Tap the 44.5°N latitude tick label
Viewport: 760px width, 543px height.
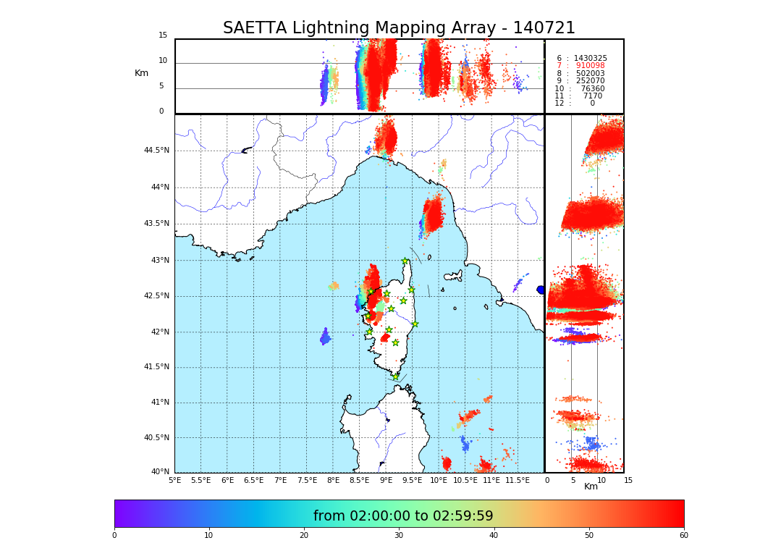(156, 151)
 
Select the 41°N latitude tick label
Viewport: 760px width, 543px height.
(159, 403)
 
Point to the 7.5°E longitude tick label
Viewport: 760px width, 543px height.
(307, 480)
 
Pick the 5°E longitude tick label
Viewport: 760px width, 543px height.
(174, 480)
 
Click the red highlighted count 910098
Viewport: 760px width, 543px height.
(590, 66)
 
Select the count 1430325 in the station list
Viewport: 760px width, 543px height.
(590, 58)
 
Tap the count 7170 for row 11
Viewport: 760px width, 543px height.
(592, 96)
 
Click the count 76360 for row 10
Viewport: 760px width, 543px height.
(592, 89)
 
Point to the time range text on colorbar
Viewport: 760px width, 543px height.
(403, 516)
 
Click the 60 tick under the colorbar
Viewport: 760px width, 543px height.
(683, 536)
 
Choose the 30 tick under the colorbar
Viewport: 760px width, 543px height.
(399, 536)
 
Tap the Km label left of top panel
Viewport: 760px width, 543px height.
(142, 73)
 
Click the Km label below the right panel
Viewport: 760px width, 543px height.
(591, 487)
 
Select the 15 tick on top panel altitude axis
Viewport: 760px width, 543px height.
(163, 35)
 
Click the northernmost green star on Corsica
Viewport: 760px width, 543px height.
(405, 261)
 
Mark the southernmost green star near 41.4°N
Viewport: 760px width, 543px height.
(395, 376)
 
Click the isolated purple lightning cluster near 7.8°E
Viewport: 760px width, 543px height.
(325, 337)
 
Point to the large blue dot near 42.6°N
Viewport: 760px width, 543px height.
(540, 290)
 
